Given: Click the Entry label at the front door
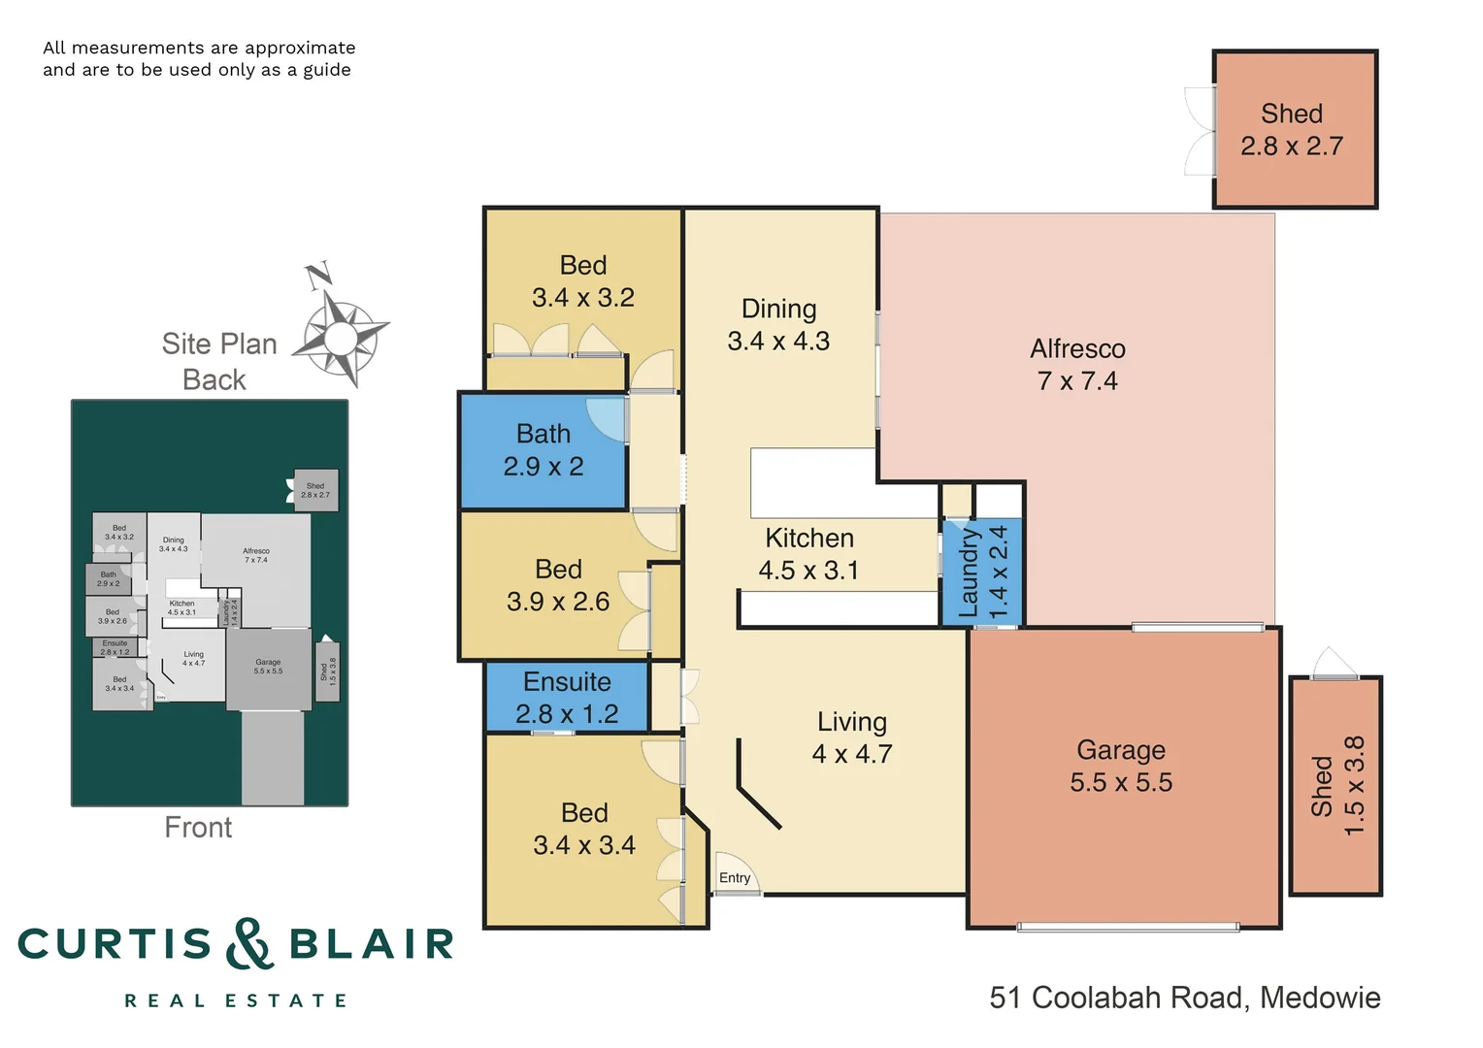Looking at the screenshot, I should pos(735,877).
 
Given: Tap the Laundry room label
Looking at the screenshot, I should pos(969,573).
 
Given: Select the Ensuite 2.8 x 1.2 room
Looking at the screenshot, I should pos(567,698).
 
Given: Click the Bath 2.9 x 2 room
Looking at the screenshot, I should pos(544,450).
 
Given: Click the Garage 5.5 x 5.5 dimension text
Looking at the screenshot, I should pos(1121,782).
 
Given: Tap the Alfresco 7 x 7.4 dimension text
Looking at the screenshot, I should pos(1077,381).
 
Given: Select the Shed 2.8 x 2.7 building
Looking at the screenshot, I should pos(1294,129).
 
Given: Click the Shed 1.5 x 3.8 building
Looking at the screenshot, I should pos(1336,786).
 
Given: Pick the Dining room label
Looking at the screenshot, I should pos(778,309).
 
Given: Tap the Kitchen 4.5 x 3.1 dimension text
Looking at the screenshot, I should pos(808,571).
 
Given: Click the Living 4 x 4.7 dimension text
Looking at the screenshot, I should pos(851,754).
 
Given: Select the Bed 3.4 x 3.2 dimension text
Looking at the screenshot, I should pos(582,298).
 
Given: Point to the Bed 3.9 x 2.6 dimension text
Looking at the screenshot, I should pos(558,602).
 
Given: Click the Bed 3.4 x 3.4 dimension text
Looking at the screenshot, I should pos(584,845).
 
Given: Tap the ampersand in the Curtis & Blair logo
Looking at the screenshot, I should pos(249,943).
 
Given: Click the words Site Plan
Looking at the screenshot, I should pos(219,344).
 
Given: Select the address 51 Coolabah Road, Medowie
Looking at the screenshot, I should pos(1184,998).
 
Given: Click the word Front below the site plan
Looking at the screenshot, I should pos(198,827).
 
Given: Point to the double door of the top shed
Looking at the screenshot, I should pos(1201,131).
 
